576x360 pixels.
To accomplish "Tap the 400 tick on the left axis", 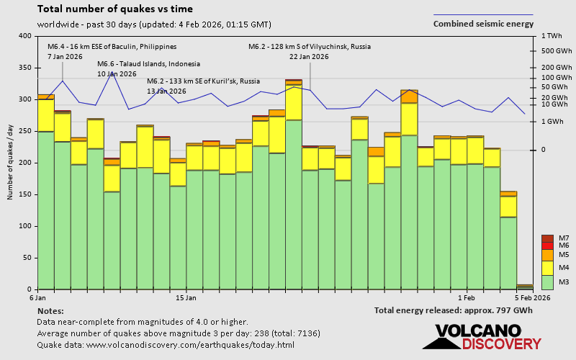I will point(26,36).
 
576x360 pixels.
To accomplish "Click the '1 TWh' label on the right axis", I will point(552,36).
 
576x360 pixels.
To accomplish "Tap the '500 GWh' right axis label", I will point(557,51).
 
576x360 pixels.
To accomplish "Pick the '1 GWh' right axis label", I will point(552,121).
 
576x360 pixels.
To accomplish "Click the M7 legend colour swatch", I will point(547,238).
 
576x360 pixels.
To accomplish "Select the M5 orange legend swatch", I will point(547,255).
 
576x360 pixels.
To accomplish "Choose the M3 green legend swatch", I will point(547,282).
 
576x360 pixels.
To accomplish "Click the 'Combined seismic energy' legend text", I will point(483,24).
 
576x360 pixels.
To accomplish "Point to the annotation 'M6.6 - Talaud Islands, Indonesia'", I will point(148,63).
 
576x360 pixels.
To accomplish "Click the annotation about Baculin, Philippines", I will point(112,46).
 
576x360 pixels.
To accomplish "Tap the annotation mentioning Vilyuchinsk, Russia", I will point(310,46).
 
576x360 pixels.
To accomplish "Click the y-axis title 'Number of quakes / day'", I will point(11,162).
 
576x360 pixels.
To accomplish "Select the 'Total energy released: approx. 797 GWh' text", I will point(453,310).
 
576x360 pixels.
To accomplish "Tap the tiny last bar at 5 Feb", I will point(525,287).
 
